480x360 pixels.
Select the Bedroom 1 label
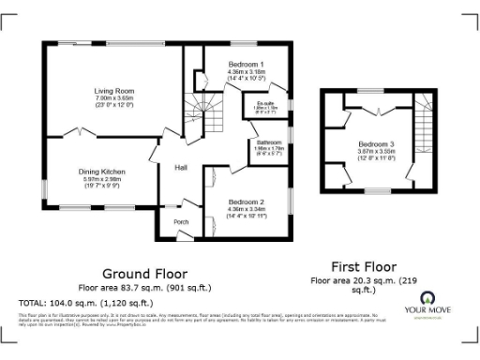click(x=246, y=64)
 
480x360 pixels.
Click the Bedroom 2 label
click(x=246, y=202)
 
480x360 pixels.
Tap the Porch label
click(x=181, y=222)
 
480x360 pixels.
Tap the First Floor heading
click(x=367, y=265)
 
